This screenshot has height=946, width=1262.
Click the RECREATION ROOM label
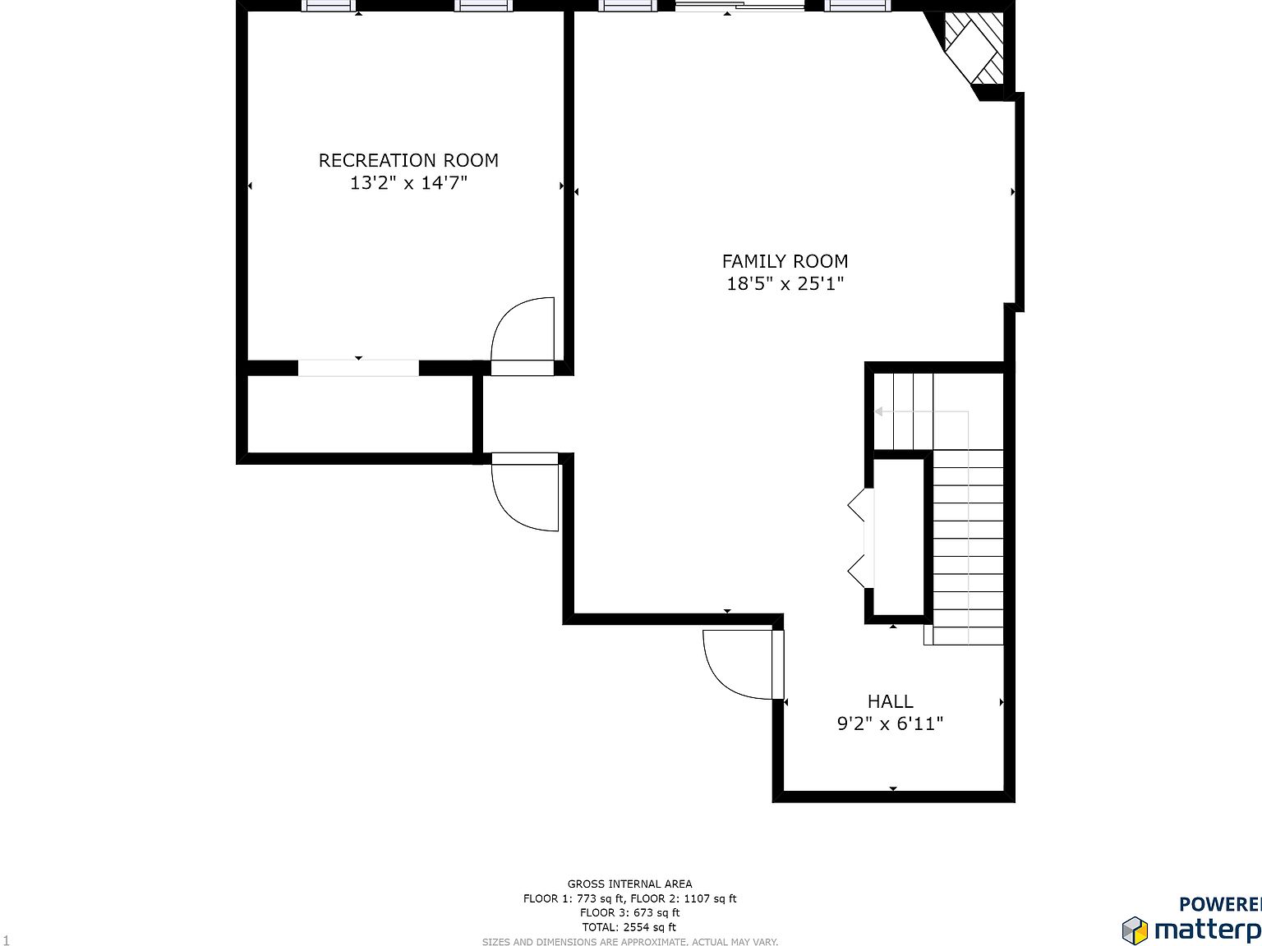408,160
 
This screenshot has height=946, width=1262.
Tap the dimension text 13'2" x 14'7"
408,182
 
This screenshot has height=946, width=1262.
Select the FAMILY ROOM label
785,261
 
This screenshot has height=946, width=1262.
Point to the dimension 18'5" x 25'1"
785,284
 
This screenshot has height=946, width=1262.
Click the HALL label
890,701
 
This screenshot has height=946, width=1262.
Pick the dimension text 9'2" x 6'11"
890,723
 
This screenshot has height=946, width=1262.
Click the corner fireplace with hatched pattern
974,49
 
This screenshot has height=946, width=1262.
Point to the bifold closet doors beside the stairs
859,538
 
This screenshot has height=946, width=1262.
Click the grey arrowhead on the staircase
878,411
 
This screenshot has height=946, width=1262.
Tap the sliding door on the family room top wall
739,7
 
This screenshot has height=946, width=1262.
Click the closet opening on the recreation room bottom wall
358,368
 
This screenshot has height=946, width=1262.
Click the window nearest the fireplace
857,6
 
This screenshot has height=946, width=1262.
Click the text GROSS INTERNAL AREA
629,884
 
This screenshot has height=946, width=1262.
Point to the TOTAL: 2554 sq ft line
629,927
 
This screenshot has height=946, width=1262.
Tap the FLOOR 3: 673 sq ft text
629,912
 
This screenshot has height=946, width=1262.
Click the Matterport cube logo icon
1135,930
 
